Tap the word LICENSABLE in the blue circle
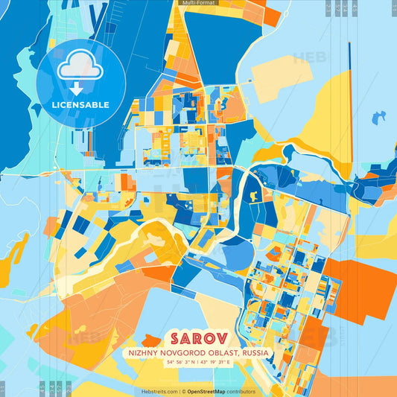pyautogui.click(x=80, y=105)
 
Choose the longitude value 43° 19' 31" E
pyautogui.click(x=221, y=362)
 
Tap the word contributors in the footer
pyautogui.click(x=242, y=391)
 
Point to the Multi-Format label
pyautogui.click(x=197, y=3)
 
